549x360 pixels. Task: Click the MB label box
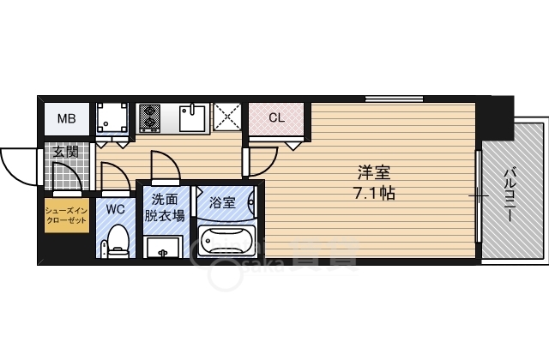coord(65,118)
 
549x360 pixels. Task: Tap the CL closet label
coord(276,117)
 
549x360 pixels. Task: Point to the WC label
coord(116,208)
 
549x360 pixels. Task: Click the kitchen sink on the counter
coord(194,117)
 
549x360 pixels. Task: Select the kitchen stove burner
coord(148,117)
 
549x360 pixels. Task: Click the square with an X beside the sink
coord(226,117)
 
